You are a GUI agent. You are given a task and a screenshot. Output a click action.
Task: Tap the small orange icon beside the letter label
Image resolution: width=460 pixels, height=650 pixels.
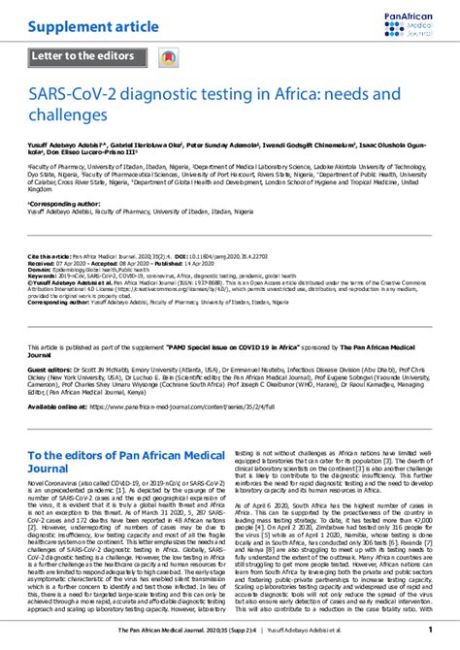168,58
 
